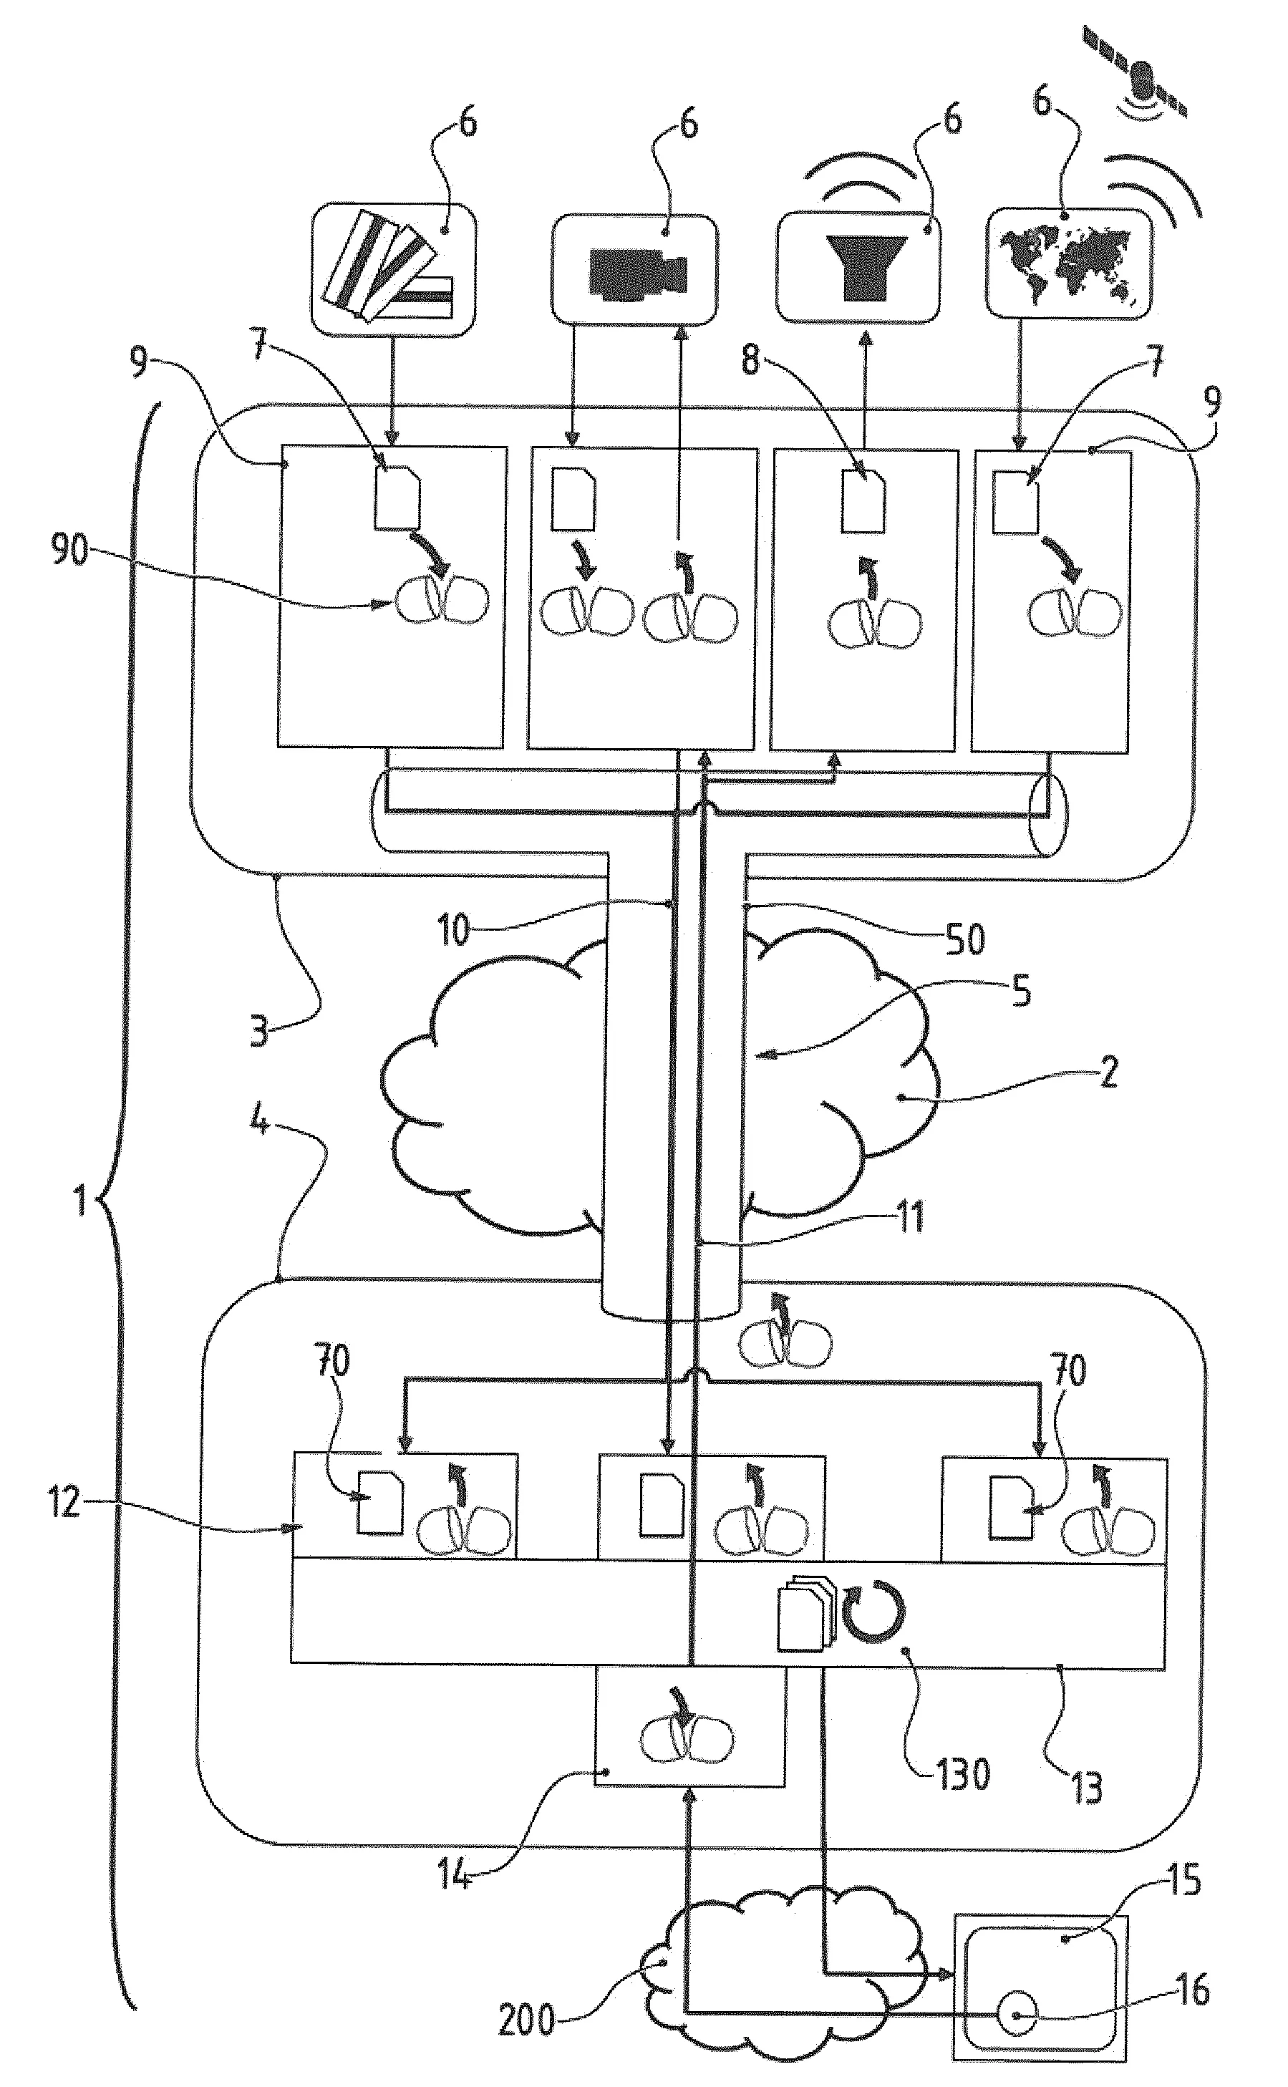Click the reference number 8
click(x=750, y=360)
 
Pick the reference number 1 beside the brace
click(x=81, y=1204)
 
